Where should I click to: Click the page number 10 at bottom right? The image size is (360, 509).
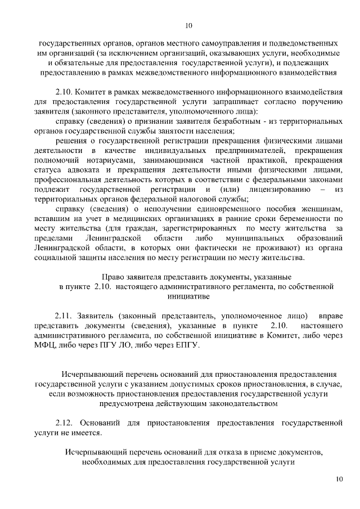coord(338,479)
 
